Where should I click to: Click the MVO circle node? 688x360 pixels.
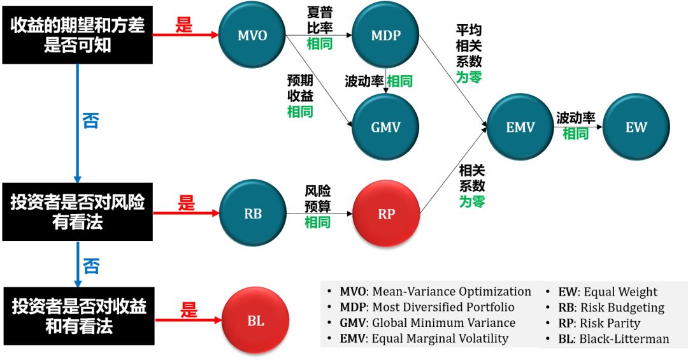(x=252, y=35)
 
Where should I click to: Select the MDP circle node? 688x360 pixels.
(x=386, y=35)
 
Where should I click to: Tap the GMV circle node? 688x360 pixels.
(x=386, y=127)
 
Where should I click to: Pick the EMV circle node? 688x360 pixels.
(x=520, y=127)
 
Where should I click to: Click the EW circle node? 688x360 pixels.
(x=636, y=127)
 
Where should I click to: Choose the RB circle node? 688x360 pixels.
(x=253, y=213)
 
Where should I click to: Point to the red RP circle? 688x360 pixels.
(x=387, y=213)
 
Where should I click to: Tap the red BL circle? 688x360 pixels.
(x=255, y=321)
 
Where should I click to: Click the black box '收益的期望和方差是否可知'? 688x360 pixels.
(x=78, y=35)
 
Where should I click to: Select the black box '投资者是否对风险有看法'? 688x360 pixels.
(x=78, y=212)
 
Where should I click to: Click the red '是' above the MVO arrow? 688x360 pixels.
(x=183, y=25)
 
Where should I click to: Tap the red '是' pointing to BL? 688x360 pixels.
(x=189, y=310)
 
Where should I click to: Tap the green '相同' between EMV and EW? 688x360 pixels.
(x=575, y=134)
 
